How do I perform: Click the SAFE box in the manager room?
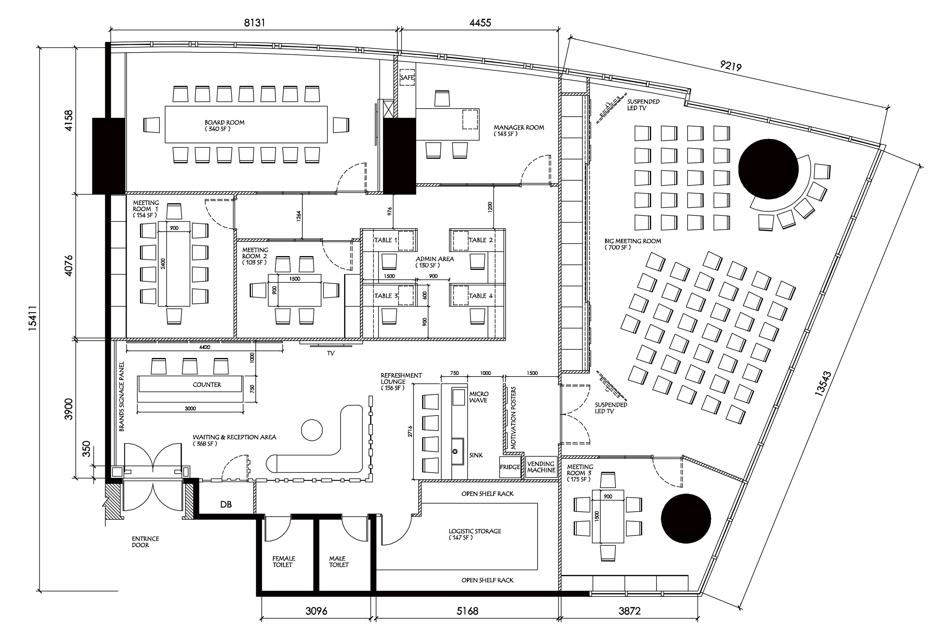pos(407,77)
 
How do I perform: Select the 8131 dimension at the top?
pos(255,23)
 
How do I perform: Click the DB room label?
pos(226,504)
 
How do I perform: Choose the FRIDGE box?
pos(510,467)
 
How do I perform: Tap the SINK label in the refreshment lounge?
pos(476,455)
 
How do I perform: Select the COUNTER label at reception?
pos(206,385)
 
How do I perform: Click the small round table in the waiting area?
pos(312,430)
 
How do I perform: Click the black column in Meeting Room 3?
pos(686,518)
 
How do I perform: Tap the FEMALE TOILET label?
pos(284,561)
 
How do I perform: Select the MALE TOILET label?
pos(338,561)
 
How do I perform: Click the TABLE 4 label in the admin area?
pos(480,296)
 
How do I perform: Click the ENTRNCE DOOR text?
pos(145,542)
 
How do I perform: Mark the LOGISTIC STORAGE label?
pos(474,534)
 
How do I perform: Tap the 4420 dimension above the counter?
pos(204,347)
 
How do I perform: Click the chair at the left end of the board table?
pos(151,125)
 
